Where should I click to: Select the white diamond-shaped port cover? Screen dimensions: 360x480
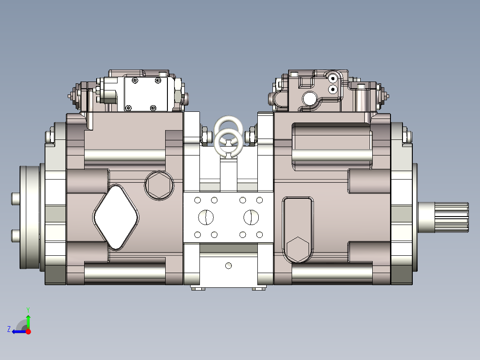pyautogui.click(x=116, y=217)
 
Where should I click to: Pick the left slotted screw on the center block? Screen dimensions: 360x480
pyautogui.click(x=206, y=217)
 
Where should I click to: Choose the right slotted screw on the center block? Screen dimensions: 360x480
pyautogui.click(x=251, y=217)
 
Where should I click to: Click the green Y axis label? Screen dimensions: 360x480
pyautogui.click(x=28, y=309)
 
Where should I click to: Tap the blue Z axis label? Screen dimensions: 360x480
pyautogui.click(x=8, y=329)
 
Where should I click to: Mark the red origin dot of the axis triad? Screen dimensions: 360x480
pyautogui.click(x=28, y=331)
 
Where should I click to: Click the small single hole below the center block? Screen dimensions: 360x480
pyautogui.click(x=228, y=266)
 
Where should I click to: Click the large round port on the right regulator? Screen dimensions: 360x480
pyautogui.click(x=309, y=98)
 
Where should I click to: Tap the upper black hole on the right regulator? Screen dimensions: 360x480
pyautogui.click(x=332, y=78)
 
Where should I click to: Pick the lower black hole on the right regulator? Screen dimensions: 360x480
pyautogui.click(x=332, y=90)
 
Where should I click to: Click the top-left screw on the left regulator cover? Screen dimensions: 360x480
pyautogui.click(x=134, y=81)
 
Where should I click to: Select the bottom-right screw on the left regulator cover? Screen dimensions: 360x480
pyautogui.click(x=153, y=107)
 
